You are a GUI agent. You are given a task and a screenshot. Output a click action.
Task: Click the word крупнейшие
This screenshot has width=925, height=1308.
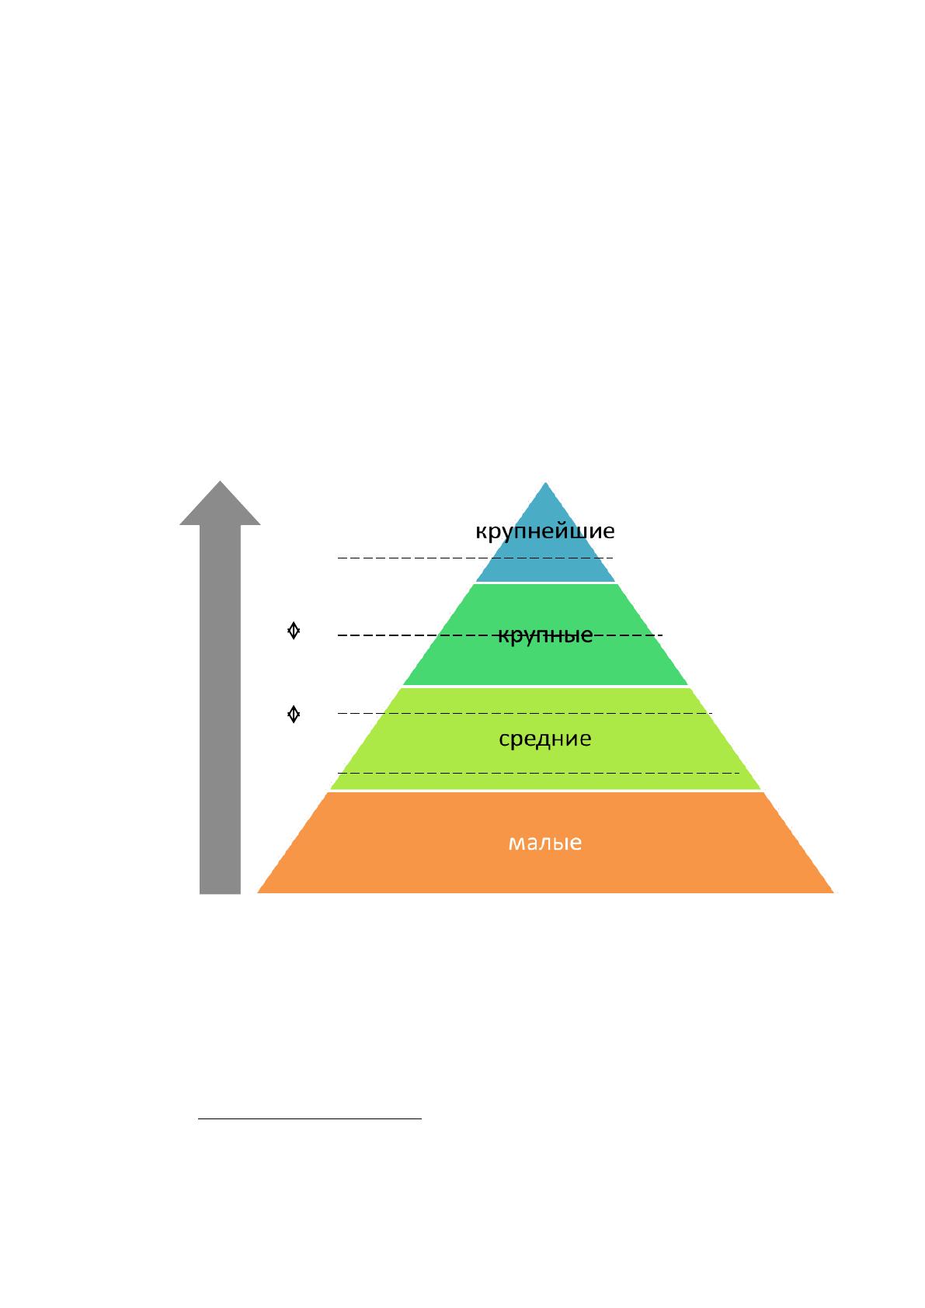tap(544, 531)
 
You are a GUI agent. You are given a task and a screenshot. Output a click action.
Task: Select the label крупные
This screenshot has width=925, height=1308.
tap(545, 635)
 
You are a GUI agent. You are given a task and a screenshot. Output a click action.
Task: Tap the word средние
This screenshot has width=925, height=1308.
tap(545, 739)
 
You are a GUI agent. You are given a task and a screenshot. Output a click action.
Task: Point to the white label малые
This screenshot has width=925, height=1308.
tap(545, 843)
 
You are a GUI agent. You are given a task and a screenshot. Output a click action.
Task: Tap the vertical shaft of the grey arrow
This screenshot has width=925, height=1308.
tap(220, 709)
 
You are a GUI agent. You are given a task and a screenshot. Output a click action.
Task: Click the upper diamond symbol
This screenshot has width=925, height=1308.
tap(294, 631)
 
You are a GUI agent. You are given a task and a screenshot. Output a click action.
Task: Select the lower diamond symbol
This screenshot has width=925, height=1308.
tap(294, 714)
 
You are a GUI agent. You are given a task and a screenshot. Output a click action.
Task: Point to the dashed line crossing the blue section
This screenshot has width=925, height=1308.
tap(475, 558)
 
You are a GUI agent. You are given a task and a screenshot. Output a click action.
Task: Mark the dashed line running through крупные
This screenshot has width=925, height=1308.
tap(500, 635)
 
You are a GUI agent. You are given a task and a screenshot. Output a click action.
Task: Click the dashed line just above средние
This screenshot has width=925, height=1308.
tap(525, 713)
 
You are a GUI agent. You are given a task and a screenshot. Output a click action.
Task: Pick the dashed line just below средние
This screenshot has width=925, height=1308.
tap(538, 773)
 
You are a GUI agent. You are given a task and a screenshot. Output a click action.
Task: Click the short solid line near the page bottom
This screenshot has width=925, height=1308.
tap(310, 1118)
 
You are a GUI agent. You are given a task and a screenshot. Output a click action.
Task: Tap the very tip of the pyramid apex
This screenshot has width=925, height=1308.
tap(545, 483)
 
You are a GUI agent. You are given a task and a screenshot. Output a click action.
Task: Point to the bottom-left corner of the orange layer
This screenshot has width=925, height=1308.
tap(258, 892)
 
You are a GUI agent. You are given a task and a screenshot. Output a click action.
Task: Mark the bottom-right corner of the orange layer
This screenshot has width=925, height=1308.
tap(834, 892)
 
